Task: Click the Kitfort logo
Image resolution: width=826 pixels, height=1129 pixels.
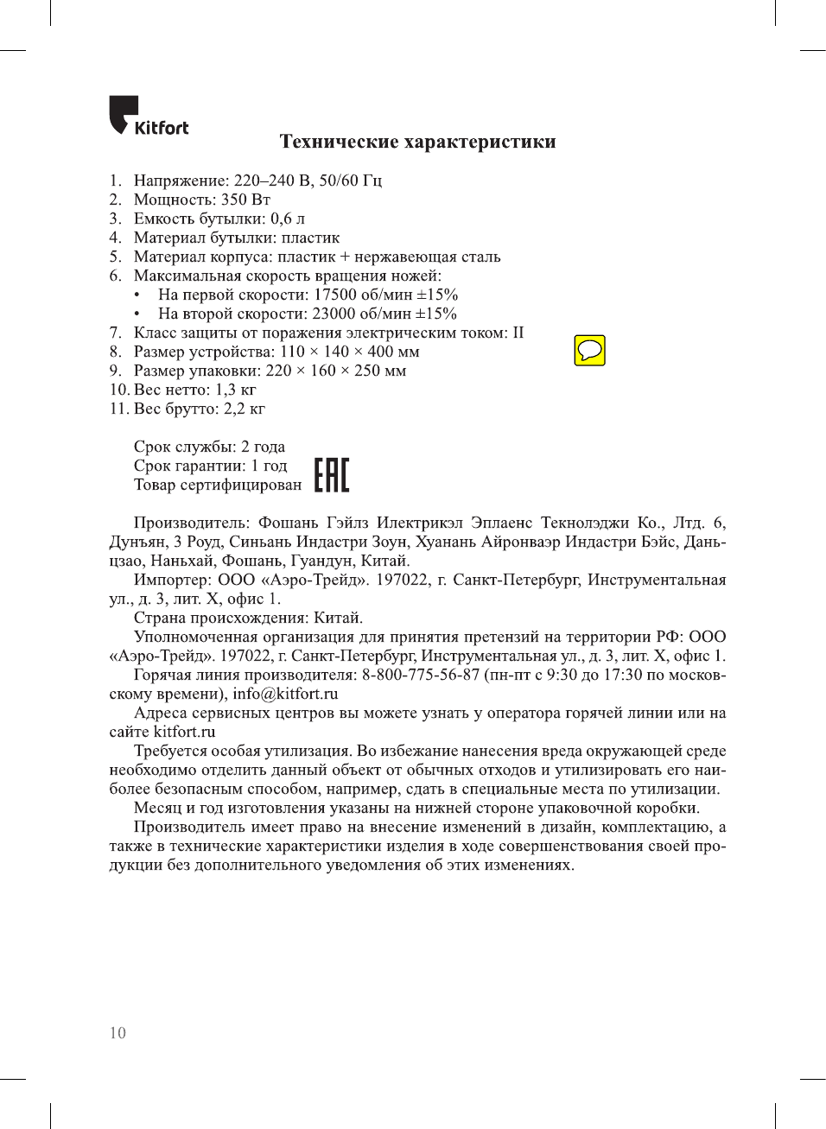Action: pyautogui.click(x=148, y=117)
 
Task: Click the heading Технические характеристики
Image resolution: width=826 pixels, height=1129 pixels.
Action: pyautogui.click(x=417, y=142)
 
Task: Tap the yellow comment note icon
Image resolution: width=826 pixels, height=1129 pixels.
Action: pyautogui.click(x=589, y=351)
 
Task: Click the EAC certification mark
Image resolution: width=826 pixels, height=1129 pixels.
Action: pyautogui.click(x=331, y=475)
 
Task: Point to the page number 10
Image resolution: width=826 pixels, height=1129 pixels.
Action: pyautogui.click(x=118, y=1033)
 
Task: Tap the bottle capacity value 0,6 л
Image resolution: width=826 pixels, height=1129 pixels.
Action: pyautogui.click(x=288, y=219)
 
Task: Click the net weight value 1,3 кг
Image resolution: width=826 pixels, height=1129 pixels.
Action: pyautogui.click(x=236, y=390)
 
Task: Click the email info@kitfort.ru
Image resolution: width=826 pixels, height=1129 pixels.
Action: pyautogui.click(x=285, y=694)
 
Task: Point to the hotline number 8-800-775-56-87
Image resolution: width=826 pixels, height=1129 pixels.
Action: pyautogui.click(x=420, y=675)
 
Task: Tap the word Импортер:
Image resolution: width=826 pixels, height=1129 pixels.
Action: pyautogui.click(x=172, y=580)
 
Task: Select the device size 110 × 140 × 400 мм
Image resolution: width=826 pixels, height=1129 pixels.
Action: pyautogui.click(x=350, y=352)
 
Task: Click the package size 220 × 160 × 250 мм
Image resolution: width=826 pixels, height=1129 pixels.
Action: pyautogui.click(x=336, y=371)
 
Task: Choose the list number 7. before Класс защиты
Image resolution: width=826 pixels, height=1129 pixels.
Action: pyautogui.click(x=115, y=333)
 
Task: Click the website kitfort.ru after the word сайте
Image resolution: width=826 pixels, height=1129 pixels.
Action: pyautogui.click(x=184, y=732)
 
